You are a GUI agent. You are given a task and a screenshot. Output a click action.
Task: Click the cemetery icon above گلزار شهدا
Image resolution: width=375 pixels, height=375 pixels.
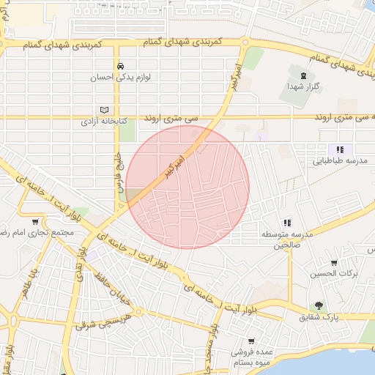302,74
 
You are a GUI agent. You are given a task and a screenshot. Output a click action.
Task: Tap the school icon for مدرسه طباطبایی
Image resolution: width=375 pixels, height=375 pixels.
339,149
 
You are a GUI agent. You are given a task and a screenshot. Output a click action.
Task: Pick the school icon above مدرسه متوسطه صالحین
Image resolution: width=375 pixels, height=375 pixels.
286,222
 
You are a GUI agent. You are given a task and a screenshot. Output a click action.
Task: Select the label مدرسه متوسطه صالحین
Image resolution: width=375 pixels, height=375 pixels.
286,240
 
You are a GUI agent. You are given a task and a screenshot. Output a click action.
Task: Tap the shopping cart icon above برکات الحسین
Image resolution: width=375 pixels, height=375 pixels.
334,262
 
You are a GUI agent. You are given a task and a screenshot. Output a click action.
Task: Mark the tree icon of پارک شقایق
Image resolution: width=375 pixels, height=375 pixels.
319,305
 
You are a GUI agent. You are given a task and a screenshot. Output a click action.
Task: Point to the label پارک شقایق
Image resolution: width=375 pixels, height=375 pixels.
319,318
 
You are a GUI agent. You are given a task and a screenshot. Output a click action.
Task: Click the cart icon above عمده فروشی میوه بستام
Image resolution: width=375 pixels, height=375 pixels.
252,341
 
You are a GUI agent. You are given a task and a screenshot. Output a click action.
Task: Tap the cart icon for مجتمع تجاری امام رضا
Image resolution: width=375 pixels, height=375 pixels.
34,221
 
